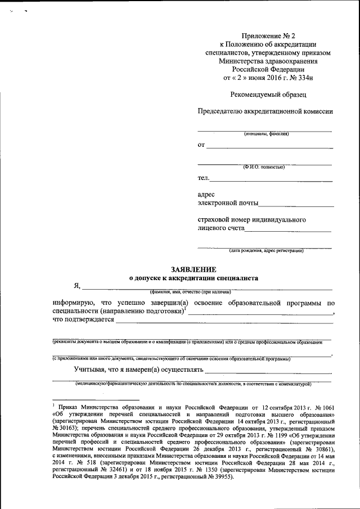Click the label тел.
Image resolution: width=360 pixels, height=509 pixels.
pos(203,179)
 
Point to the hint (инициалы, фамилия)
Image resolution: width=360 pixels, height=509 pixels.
pos(267,134)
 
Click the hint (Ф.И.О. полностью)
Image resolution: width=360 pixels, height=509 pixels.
pos(264,168)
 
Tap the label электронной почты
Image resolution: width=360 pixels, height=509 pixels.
pos(228,203)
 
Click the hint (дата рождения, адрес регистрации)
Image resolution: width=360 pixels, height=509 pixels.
pos(266,251)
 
